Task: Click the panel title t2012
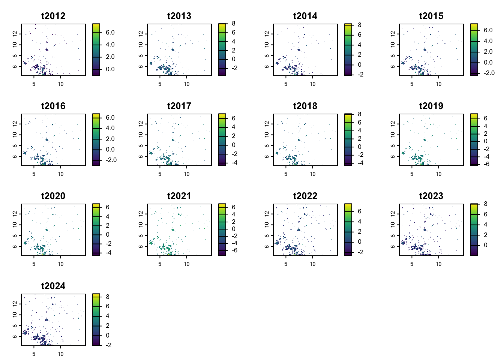click(x=53, y=16)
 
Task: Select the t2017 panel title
click(x=179, y=106)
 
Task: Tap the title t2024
click(x=53, y=286)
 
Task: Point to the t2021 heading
click(x=179, y=196)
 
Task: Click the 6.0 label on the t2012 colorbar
click(x=110, y=33)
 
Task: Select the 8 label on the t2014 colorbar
click(x=359, y=25)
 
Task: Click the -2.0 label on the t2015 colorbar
click(x=489, y=73)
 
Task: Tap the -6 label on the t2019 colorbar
click(x=486, y=164)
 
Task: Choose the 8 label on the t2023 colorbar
click(x=485, y=204)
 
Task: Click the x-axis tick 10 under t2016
click(x=61, y=174)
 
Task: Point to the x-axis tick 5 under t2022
click(x=286, y=264)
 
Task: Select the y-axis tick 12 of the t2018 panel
click(x=267, y=123)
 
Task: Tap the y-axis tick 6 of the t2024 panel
click(x=15, y=336)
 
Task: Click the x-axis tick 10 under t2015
click(x=439, y=84)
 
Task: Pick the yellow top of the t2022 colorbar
click(x=348, y=205)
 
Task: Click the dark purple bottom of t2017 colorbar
click(x=222, y=164)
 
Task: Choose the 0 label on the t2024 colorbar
click(x=108, y=336)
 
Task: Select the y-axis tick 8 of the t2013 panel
click(x=141, y=55)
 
